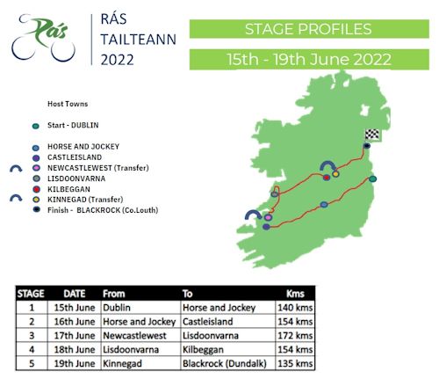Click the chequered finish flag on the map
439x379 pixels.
tap(372, 135)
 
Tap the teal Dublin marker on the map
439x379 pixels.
tap(372, 179)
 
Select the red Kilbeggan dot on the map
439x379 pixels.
tap(327, 178)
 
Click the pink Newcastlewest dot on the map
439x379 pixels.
tap(268, 217)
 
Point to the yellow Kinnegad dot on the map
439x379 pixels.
tap(335, 174)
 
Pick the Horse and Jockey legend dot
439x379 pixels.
tap(36, 148)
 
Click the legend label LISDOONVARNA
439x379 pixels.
tap(76, 179)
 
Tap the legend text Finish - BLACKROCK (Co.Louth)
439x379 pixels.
tap(103, 210)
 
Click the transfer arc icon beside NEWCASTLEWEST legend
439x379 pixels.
tap(16, 169)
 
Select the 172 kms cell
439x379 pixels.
tap(295, 335)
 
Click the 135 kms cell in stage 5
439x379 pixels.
tap(295, 363)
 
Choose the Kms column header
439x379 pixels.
tap(295, 294)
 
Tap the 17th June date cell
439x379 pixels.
tap(75, 335)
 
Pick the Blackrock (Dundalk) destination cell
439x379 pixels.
tap(225, 363)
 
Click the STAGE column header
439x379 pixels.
tap(31, 294)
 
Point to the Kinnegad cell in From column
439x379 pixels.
tap(122, 363)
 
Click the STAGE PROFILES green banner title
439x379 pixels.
tap(308, 29)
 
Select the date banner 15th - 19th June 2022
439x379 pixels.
tap(309, 59)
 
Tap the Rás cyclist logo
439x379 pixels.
tap(43, 38)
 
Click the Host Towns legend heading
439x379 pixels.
tap(68, 104)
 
